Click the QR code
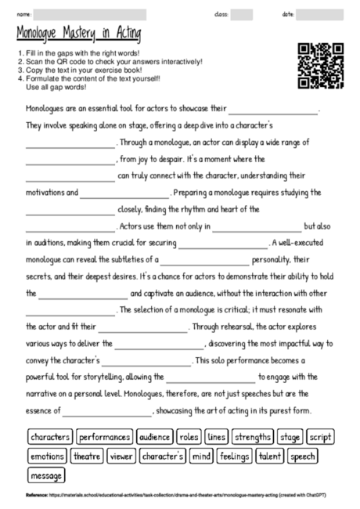tap(321, 67)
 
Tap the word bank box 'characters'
tap(50, 436)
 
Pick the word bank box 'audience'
tap(155, 436)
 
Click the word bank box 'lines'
tap(217, 436)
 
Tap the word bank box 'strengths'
tap(252, 436)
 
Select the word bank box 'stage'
tap(290, 436)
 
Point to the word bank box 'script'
tap(320, 436)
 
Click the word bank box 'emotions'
tap(47, 456)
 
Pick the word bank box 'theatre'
tap(86, 456)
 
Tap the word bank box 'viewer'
tap(121, 456)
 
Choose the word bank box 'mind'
tap(201, 456)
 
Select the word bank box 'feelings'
tap(235, 456)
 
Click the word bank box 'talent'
tap(271, 456)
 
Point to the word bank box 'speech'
tap(302, 456)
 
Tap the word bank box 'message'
tap(46, 475)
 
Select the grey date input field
tap(320, 14)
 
